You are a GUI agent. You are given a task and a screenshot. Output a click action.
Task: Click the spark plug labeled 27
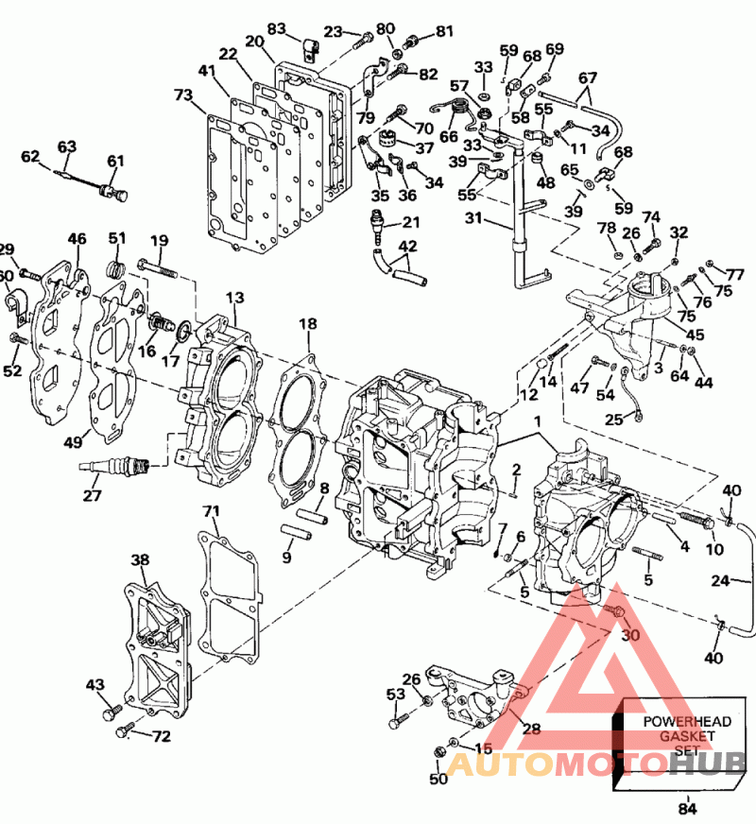114,464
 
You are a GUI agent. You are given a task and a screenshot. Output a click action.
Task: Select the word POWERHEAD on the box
675,721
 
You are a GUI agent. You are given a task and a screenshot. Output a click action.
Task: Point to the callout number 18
308,325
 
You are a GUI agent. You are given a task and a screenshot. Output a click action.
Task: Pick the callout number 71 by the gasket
211,511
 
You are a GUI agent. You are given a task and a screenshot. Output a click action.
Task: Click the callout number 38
140,559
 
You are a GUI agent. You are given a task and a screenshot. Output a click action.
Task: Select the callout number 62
30,157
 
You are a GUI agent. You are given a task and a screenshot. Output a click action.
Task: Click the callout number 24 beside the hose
720,581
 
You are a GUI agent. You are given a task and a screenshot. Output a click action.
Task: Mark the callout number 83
276,28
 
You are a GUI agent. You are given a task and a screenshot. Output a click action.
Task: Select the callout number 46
77,240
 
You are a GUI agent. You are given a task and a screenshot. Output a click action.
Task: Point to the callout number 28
530,729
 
